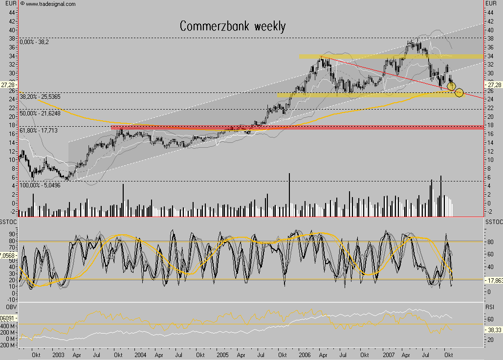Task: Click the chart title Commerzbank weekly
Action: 232,26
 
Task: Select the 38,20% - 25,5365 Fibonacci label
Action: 41,97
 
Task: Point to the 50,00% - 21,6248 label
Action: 41,113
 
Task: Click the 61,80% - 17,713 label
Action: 39,131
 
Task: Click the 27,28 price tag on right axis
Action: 493,84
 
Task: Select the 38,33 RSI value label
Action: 493,330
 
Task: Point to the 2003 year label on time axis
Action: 58,354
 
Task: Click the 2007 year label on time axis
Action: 390,354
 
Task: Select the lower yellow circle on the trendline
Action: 459,92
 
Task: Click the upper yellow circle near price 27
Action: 452,86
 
